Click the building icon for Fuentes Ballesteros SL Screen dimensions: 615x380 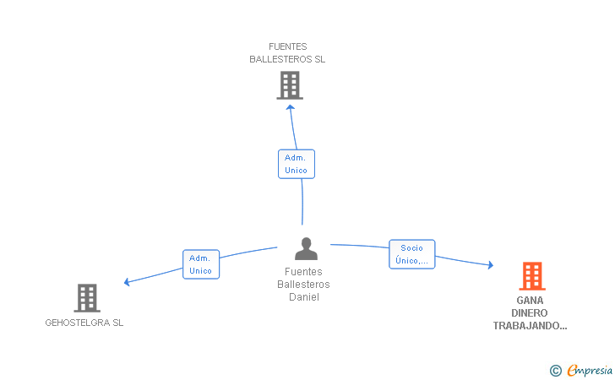[290, 85]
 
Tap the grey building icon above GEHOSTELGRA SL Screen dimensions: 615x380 [87, 297]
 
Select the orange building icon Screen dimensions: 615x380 [532, 276]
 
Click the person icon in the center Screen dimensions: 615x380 [306, 248]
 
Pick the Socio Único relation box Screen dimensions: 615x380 [412, 254]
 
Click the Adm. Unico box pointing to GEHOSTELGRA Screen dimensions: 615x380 [201, 264]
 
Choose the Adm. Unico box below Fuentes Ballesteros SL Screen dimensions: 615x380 [297, 164]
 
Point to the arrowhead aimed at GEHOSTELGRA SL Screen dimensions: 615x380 [127, 281]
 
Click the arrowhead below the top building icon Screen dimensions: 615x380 [291, 107]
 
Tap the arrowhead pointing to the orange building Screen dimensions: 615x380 [491, 265]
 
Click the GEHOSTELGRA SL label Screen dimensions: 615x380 [84, 323]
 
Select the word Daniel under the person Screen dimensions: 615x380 [304, 297]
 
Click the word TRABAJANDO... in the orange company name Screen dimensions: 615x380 [530, 326]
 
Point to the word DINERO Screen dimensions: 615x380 [530, 313]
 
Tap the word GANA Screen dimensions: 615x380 [530, 301]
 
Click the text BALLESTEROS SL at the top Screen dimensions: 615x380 [287, 59]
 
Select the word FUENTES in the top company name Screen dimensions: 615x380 [288, 46]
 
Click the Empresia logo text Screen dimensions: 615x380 [590, 370]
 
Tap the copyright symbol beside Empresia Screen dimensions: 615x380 [556, 371]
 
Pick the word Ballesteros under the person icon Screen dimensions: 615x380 [303, 285]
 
